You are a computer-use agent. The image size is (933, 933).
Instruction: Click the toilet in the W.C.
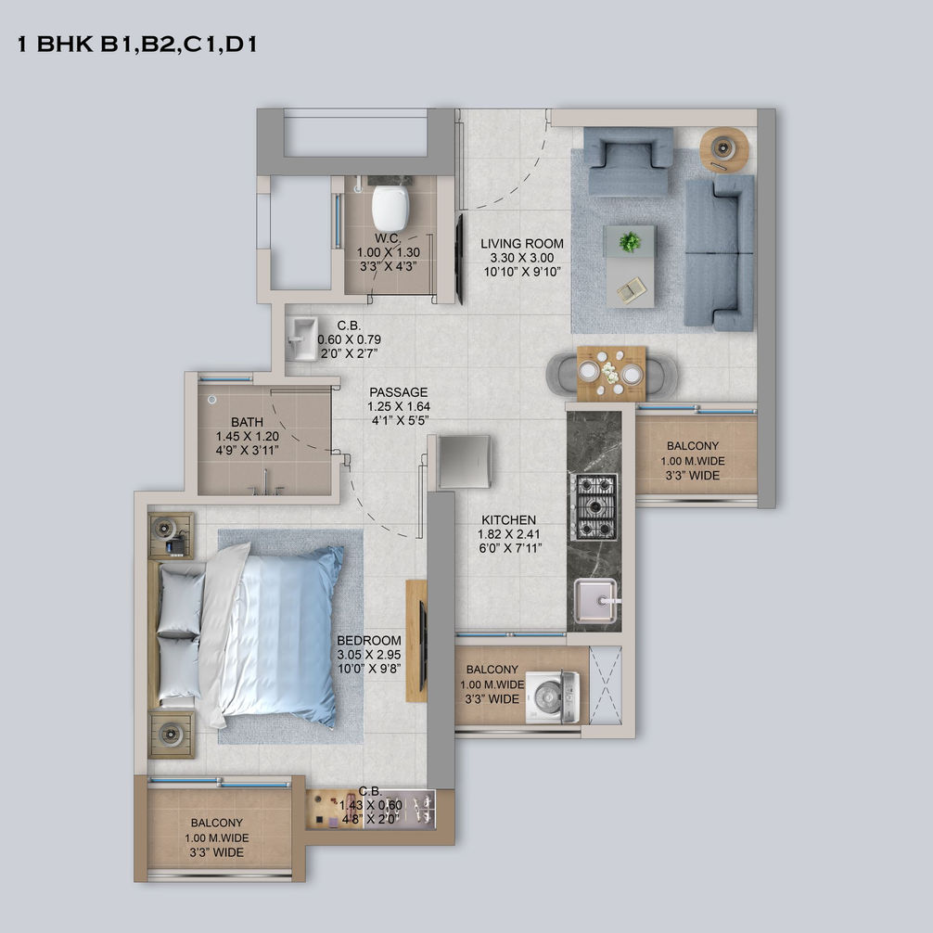coord(390,208)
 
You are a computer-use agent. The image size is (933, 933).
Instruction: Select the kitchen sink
coord(595,602)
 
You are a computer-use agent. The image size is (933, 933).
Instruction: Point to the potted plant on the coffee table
coord(630,242)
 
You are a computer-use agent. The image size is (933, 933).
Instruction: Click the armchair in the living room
coord(629,160)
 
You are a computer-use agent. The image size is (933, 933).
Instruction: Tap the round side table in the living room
coord(723,148)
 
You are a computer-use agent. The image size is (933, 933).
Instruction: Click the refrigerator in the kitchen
coord(464,462)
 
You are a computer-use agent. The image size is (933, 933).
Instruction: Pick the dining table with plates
coord(611,374)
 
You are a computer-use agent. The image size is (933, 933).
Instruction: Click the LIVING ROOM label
coord(522,243)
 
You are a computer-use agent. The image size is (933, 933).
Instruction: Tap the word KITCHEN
coord(509,519)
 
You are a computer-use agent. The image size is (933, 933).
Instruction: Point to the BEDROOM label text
coord(369,640)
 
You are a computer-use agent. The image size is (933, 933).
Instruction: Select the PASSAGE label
coord(399,392)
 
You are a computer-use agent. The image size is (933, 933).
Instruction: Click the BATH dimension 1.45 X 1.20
coord(248,436)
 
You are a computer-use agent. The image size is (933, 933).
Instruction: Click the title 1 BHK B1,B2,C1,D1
coord(137,45)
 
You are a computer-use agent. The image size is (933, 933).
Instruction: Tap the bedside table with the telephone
coord(171,535)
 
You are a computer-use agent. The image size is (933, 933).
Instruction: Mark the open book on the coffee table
coord(631,291)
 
